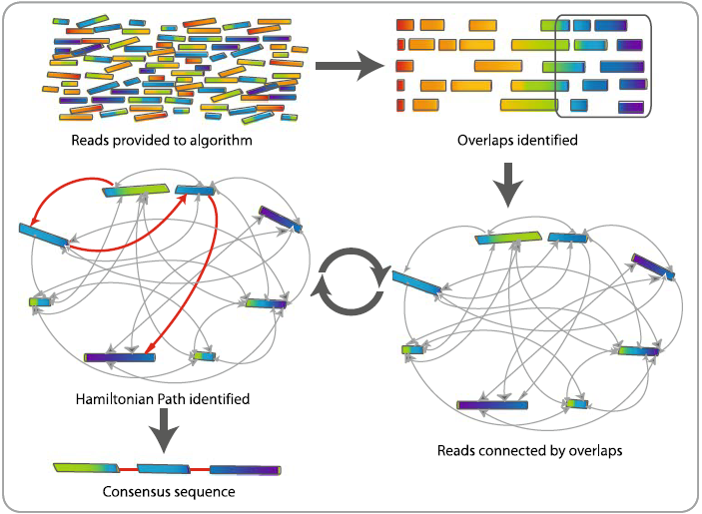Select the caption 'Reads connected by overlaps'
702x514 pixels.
(530, 450)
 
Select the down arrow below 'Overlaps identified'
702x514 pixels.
(509, 185)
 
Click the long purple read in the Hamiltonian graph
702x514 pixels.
(120, 356)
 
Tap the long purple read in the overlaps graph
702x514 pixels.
(492, 404)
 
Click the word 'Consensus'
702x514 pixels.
(135, 491)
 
